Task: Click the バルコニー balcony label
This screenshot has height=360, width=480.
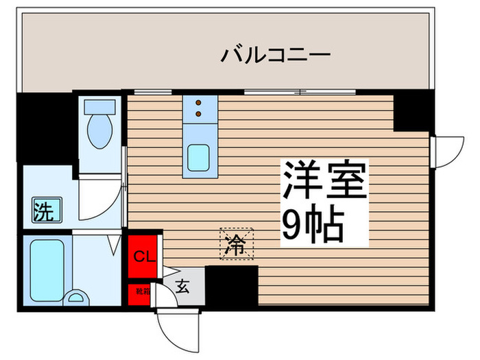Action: (x=276, y=54)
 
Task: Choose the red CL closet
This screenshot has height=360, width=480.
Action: (x=144, y=256)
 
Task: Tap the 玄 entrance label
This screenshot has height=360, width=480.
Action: (x=182, y=287)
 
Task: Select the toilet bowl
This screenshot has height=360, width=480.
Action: (x=101, y=130)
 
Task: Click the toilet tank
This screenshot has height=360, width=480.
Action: (x=101, y=107)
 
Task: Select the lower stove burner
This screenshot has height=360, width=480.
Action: (x=200, y=113)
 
